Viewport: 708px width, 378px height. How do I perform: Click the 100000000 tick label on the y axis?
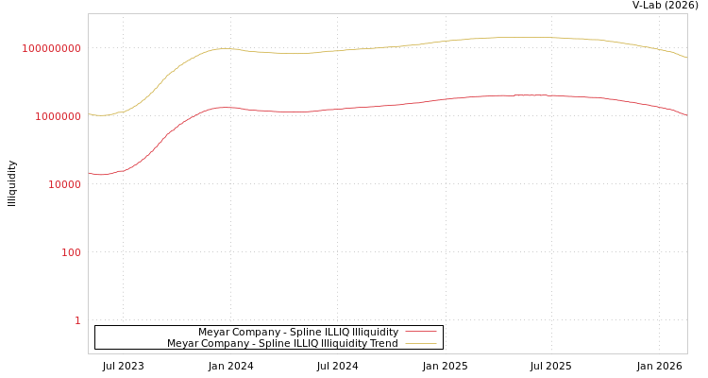coord(52,48)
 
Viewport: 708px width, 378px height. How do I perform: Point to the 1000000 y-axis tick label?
coord(59,116)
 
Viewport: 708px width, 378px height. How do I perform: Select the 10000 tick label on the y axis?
coord(65,184)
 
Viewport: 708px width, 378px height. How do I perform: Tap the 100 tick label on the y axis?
coord(72,252)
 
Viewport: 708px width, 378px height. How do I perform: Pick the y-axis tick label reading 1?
coord(77,320)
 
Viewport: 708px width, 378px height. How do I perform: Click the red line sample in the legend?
coord(421,332)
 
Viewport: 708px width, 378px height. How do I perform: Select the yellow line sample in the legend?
coord(421,343)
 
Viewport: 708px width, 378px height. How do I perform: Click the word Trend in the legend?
coord(384,343)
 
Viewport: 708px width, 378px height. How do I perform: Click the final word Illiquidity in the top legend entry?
coord(377,332)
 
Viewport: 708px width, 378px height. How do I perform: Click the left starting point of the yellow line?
coord(89,114)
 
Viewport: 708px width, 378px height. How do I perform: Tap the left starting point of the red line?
coord(89,173)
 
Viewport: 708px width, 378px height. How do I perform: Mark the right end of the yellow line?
coord(687,59)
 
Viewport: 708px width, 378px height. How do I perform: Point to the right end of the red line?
coord(687,115)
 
